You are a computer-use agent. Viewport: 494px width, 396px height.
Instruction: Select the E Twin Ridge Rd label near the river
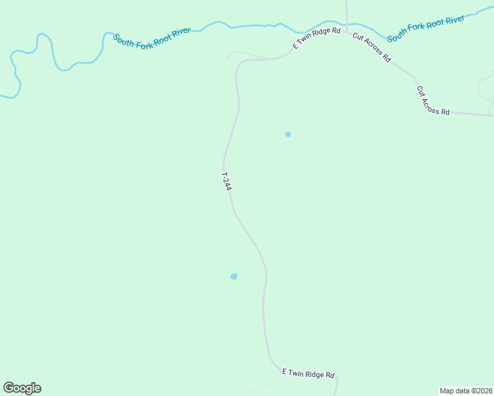(317, 38)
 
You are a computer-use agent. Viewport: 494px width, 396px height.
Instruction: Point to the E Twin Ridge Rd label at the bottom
(308, 374)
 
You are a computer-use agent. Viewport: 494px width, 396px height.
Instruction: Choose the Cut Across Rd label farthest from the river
(433, 101)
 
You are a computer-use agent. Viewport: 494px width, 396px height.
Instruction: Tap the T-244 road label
(226, 181)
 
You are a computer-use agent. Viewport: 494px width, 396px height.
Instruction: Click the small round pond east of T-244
(288, 134)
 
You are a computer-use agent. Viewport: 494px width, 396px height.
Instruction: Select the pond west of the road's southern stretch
(234, 276)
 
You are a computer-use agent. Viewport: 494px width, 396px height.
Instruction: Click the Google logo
(22, 388)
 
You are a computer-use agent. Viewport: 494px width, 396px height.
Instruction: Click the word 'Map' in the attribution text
(448, 390)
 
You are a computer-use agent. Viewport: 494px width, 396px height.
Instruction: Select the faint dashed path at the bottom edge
(261, 388)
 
